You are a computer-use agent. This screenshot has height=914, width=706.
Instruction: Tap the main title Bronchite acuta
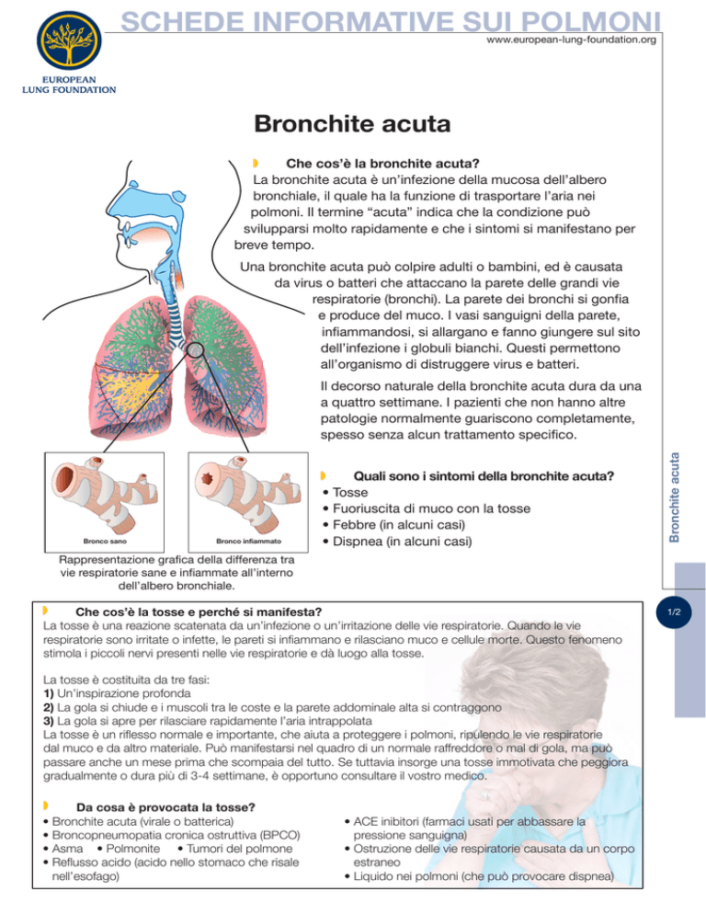[352, 122]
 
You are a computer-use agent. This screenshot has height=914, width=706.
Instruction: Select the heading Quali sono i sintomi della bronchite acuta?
[484, 476]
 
